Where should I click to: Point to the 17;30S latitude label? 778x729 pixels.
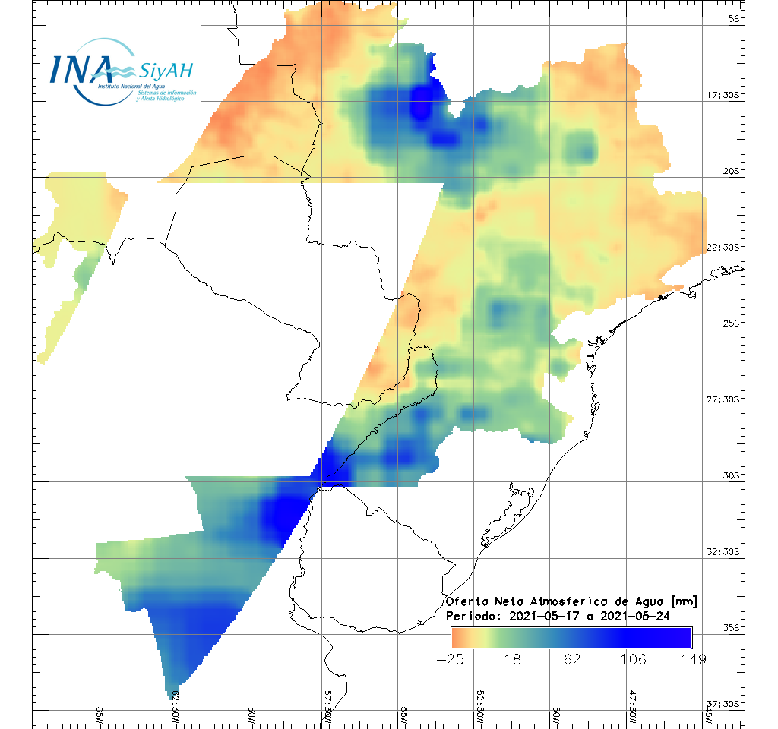tap(726, 95)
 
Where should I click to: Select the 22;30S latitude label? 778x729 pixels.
tap(726, 247)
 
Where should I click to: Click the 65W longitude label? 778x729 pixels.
tap(100, 716)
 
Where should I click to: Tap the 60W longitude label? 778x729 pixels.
tap(251, 716)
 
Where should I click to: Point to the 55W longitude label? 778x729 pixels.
tap(403, 716)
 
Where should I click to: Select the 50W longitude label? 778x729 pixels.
tap(556, 716)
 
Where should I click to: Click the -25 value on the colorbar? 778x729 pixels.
tap(451, 659)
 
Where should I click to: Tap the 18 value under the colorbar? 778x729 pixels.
tap(513, 659)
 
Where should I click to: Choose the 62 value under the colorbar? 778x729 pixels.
tap(574, 659)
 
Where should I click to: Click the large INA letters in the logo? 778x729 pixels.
tap(81, 68)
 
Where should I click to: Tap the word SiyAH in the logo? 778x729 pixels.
tap(166, 71)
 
